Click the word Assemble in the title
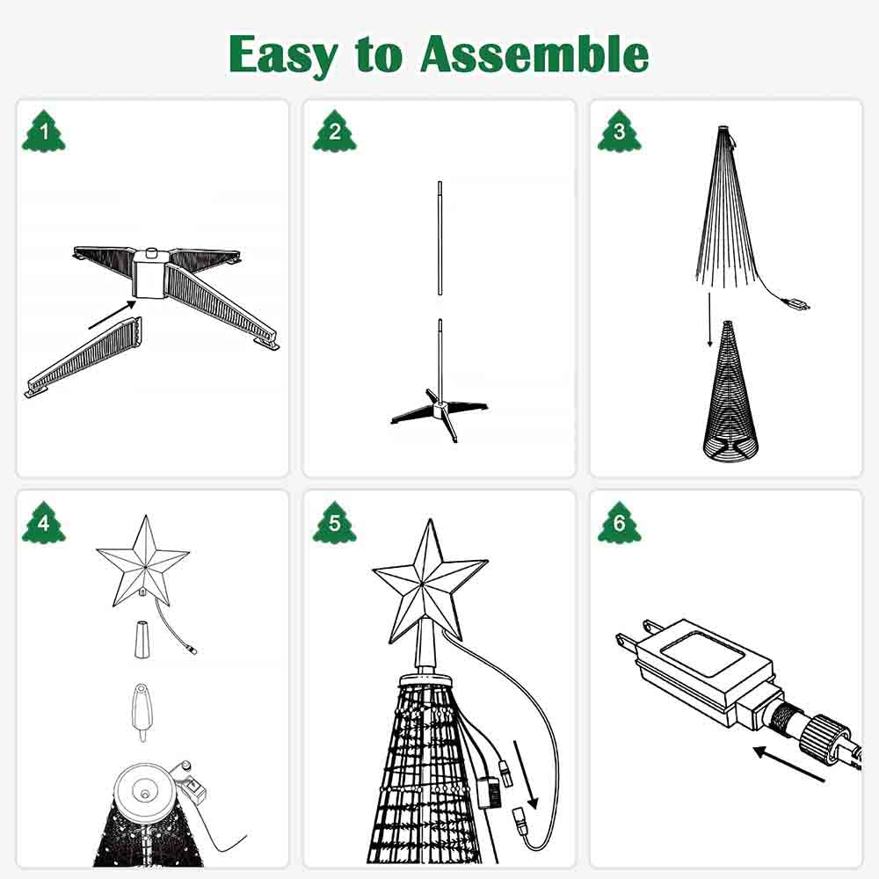click(534, 54)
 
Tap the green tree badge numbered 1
click(42, 132)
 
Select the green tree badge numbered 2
click(334, 132)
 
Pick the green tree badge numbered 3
click(620, 132)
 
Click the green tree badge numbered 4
click(42, 525)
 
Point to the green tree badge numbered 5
click(334, 525)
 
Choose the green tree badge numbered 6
click(620, 525)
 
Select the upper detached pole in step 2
click(439, 239)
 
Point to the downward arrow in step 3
click(710, 320)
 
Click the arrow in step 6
click(789, 763)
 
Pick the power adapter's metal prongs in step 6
click(627, 638)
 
